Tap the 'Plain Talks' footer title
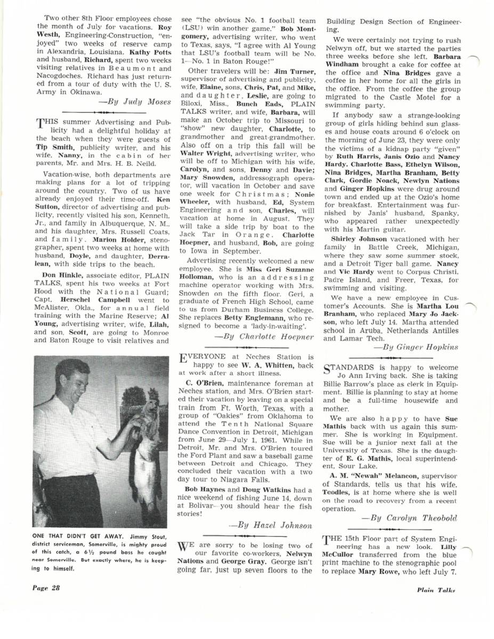(x=436, y=589)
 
